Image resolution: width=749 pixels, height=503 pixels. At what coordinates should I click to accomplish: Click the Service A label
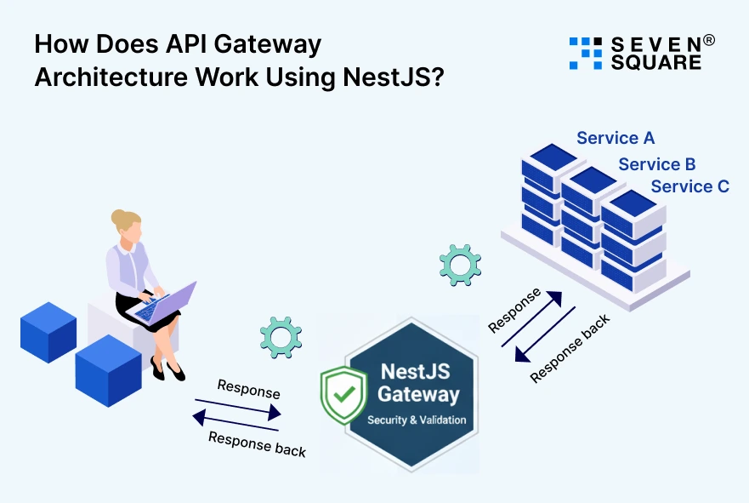(x=615, y=138)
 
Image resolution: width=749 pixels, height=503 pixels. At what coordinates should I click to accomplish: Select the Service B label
(x=656, y=164)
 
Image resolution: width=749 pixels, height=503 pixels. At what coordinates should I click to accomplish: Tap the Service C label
(x=689, y=186)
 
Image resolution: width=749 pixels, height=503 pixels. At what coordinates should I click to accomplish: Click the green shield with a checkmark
(x=343, y=395)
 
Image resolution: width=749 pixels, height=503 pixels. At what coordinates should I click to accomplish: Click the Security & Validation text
(x=417, y=420)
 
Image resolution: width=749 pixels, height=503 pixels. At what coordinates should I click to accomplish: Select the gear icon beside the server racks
(x=460, y=264)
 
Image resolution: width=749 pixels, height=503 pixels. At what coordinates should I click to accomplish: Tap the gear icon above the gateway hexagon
(x=280, y=337)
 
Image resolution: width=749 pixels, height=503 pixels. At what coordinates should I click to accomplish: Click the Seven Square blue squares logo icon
(x=585, y=53)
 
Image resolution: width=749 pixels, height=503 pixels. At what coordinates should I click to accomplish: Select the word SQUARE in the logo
(x=656, y=63)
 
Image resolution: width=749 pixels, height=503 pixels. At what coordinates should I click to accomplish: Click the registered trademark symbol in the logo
(x=708, y=40)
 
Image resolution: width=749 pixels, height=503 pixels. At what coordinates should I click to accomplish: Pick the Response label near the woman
(x=248, y=389)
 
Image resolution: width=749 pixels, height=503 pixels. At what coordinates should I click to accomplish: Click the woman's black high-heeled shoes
(x=167, y=369)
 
